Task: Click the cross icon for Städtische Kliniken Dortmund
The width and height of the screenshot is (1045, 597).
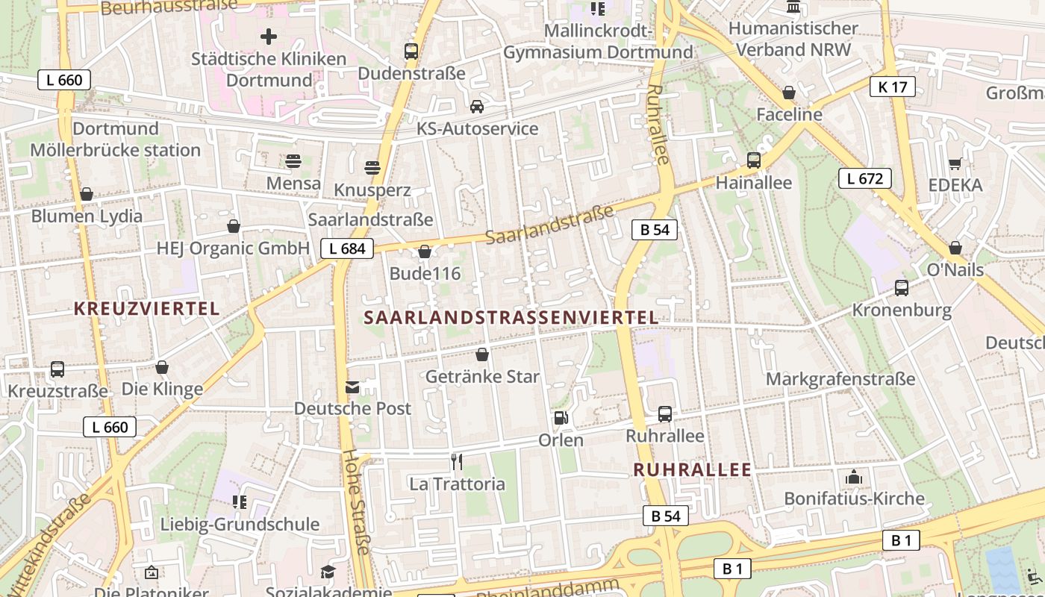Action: [x=269, y=36]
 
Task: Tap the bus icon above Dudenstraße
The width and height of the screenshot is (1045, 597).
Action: [x=411, y=51]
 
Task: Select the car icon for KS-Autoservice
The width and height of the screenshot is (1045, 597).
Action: [x=477, y=107]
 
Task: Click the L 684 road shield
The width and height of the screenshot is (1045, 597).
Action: [x=347, y=249]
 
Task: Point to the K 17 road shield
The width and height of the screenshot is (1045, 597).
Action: [x=892, y=87]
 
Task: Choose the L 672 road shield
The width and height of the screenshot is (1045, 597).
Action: [x=864, y=178]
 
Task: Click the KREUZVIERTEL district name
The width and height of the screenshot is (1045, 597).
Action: [x=146, y=308]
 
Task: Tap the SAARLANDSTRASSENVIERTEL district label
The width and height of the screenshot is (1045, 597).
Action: [x=511, y=317]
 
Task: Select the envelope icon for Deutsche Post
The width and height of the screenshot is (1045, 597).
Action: [x=352, y=387]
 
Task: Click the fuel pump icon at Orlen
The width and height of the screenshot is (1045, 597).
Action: [x=561, y=418]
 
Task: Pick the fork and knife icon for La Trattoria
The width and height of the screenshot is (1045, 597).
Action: [x=457, y=462]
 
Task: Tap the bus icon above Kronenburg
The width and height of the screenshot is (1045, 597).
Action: [x=902, y=288]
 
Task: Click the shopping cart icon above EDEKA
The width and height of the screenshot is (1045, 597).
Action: [x=955, y=163]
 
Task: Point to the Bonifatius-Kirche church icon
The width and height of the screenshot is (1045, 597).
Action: [x=854, y=477]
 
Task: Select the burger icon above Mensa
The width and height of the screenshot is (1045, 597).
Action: [x=293, y=161]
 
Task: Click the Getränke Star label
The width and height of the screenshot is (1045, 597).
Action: [x=482, y=377]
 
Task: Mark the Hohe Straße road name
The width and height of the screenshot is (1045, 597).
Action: [x=356, y=501]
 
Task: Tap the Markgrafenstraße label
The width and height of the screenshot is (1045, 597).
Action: [x=840, y=379]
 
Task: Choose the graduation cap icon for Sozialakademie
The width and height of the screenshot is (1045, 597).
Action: [x=328, y=572]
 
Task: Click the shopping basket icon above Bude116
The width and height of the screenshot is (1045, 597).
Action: [x=425, y=252]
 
